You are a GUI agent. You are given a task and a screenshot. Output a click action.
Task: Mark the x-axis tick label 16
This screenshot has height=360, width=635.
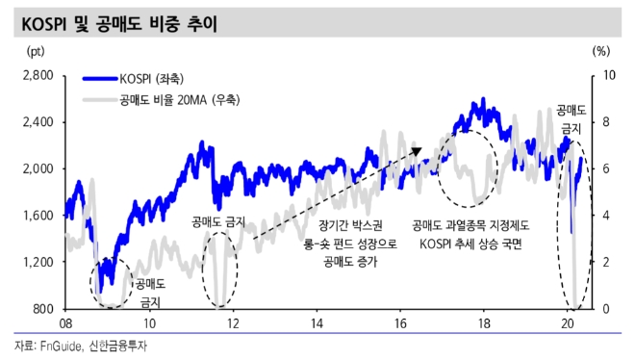click(x=400, y=323)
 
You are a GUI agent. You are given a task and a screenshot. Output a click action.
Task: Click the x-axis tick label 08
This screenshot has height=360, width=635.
click(x=65, y=323)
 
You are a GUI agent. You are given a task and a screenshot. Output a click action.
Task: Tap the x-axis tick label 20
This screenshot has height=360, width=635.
click(x=568, y=323)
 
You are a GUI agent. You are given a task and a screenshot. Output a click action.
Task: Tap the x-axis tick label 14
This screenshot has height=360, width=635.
click(x=317, y=323)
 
